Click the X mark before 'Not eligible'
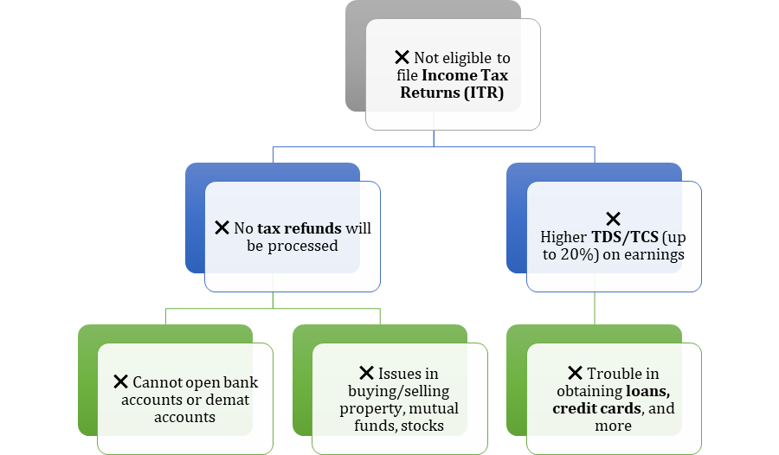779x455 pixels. (402, 57)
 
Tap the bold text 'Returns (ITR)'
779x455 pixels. (451, 93)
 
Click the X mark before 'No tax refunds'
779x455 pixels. (222, 227)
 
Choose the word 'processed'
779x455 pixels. (305, 246)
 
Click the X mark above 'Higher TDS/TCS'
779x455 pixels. (613, 219)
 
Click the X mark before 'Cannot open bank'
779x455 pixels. (120, 381)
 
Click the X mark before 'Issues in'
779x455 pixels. (365, 373)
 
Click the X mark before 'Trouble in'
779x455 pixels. (575, 373)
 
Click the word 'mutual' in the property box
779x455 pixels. (435, 407)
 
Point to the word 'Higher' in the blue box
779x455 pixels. (563, 236)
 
